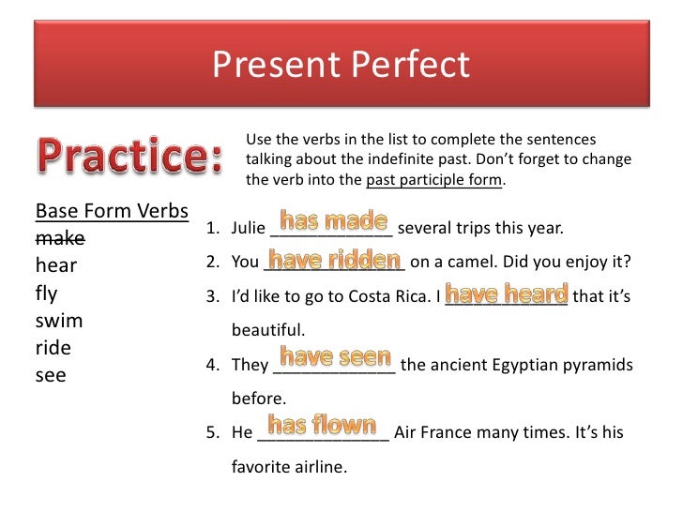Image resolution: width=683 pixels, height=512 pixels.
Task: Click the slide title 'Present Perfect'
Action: [x=341, y=65]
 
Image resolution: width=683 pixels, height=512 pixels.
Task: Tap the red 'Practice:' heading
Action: [x=129, y=156]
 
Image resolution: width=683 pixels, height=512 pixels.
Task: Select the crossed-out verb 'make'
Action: [x=60, y=237]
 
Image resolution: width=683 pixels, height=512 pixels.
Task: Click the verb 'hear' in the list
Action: [x=55, y=265]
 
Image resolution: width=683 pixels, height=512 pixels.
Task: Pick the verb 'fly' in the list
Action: [x=46, y=293]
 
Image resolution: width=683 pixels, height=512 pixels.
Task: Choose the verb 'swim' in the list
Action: [x=59, y=321]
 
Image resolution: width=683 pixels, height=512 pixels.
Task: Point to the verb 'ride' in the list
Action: [x=53, y=348]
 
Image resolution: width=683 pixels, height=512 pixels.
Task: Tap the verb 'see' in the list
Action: [x=51, y=376]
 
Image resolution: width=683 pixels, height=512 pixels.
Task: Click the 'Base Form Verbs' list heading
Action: [x=112, y=209]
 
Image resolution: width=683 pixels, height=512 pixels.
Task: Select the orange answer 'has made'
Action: [x=334, y=221]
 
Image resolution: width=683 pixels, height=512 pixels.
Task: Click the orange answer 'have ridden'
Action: [x=335, y=260]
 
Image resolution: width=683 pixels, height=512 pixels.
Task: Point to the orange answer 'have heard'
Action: [x=507, y=293]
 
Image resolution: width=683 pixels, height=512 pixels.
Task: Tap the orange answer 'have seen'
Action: [x=335, y=357]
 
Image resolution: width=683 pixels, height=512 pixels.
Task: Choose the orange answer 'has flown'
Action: [x=323, y=425]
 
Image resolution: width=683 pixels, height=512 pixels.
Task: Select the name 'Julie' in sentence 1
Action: [x=249, y=228]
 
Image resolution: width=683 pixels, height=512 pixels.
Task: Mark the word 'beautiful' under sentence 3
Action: [x=268, y=330]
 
